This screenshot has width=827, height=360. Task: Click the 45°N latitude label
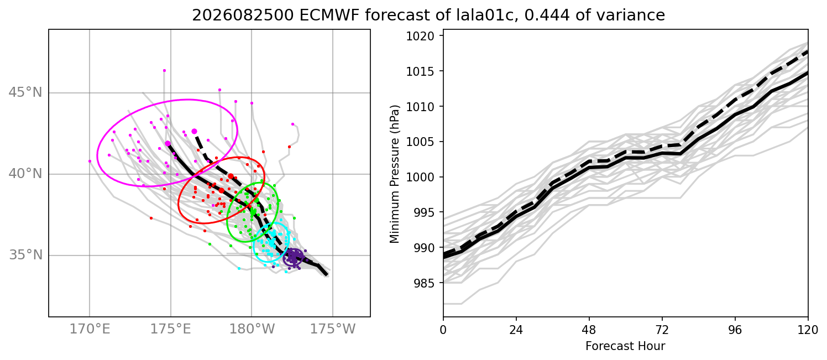[25, 92]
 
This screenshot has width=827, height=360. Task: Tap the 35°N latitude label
[25, 255]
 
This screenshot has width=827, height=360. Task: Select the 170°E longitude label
[90, 328]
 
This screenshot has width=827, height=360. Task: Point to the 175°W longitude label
[333, 328]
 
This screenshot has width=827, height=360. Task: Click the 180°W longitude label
[252, 328]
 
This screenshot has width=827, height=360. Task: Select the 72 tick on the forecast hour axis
[662, 330]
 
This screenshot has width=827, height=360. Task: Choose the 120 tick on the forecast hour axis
[808, 330]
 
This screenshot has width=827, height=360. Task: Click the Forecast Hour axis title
[625, 346]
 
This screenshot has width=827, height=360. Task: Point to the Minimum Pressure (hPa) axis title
[394, 174]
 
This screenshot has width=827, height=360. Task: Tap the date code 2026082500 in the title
[243, 15]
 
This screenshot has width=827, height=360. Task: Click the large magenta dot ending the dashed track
[194, 131]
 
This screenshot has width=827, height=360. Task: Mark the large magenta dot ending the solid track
[168, 143]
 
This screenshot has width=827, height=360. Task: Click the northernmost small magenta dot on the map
[164, 71]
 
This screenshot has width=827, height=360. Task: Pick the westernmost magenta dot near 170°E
[90, 161]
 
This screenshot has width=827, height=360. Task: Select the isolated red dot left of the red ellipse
[151, 218]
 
